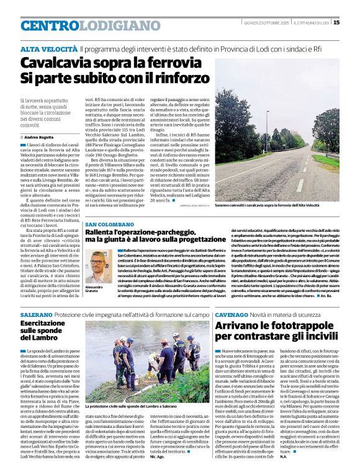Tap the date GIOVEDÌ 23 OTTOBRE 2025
tap(266, 23)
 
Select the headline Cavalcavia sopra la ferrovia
tap(106, 63)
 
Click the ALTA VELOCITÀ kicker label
tap(48, 48)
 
